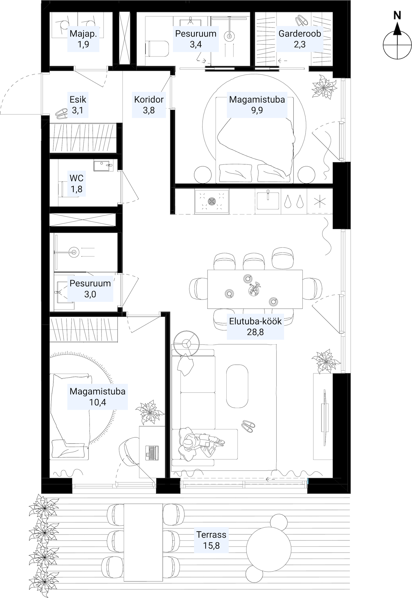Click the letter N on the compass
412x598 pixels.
pos(397,15)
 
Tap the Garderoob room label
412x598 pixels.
pos(299,33)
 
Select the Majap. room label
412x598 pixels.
pos(83,33)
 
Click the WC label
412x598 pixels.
pos(76,178)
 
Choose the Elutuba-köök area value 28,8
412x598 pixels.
pos(255,332)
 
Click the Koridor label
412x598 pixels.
pos(149,99)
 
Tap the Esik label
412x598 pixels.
pos(78,99)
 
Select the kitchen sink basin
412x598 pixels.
pos(268,200)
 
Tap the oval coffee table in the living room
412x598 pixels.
pos(237,386)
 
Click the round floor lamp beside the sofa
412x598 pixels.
pos(187,343)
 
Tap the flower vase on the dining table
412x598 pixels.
pos(255,289)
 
